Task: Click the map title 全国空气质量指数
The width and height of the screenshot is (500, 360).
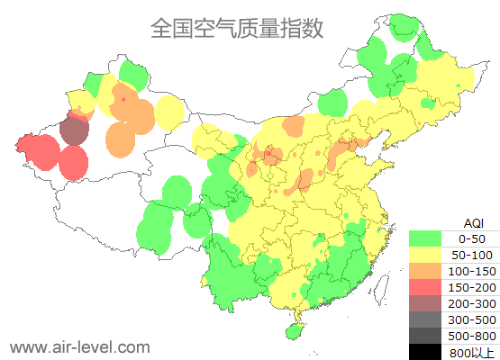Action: click(x=237, y=28)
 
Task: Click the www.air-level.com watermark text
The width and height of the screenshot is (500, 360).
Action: click(x=79, y=346)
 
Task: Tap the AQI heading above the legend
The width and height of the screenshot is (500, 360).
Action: click(x=473, y=222)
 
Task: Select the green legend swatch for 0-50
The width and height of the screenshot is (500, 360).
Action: click(x=426, y=238)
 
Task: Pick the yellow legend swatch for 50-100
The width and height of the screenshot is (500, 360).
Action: click(x=426, y=255)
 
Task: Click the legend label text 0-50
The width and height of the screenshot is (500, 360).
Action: click(x=472, y=238)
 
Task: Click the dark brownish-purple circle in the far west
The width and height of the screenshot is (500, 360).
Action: click(x=75, y=131)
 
